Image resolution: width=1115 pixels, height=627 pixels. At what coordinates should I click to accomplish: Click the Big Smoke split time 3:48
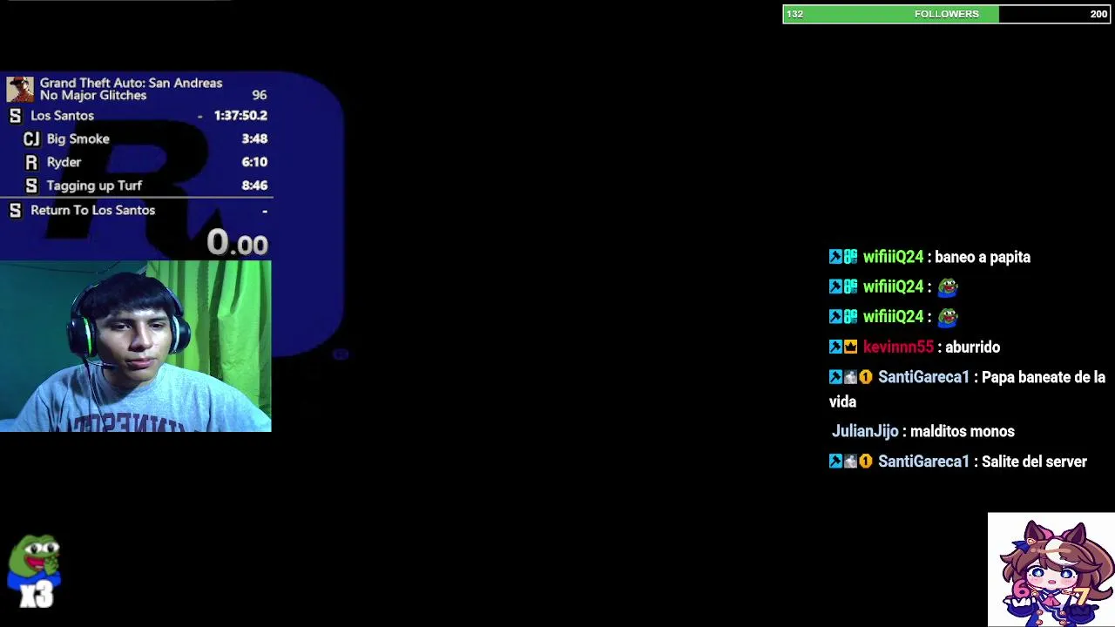pos(254,138)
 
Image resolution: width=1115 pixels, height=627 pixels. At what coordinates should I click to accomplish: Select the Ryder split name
pos(64,162)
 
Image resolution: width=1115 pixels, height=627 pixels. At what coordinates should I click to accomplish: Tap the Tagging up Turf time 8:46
pos(254,185)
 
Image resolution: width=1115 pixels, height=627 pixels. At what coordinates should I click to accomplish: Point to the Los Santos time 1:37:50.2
pos(240,115)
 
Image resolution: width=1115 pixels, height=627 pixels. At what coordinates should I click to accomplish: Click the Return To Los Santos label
pos(92,210)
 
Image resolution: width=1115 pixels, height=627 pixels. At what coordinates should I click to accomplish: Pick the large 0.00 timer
pos(237,243)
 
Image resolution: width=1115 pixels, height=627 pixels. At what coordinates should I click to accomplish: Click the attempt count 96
pos(259,95)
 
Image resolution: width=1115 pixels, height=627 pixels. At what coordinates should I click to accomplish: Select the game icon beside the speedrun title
pos(20,89)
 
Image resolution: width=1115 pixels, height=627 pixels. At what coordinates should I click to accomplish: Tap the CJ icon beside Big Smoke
pos(31,138)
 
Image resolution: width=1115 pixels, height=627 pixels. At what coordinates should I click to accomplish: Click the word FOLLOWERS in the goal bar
pos(947,14)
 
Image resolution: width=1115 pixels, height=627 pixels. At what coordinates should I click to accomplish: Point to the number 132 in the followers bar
pos(794,14)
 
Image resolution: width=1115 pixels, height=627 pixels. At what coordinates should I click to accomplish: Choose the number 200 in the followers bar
pos(1098,14)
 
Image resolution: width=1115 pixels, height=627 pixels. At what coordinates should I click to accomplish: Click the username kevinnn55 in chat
pos(898,347)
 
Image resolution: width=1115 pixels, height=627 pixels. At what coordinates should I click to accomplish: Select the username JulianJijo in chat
pos(865,431)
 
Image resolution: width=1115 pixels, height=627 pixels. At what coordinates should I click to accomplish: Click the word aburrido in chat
pos(972,347)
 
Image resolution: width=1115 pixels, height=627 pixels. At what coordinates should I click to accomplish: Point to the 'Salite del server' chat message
pos(1034,462)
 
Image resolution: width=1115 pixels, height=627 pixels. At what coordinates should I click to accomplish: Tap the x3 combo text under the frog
pos(37,595)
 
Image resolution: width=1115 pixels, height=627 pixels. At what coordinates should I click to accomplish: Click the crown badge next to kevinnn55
pos(850,347)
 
